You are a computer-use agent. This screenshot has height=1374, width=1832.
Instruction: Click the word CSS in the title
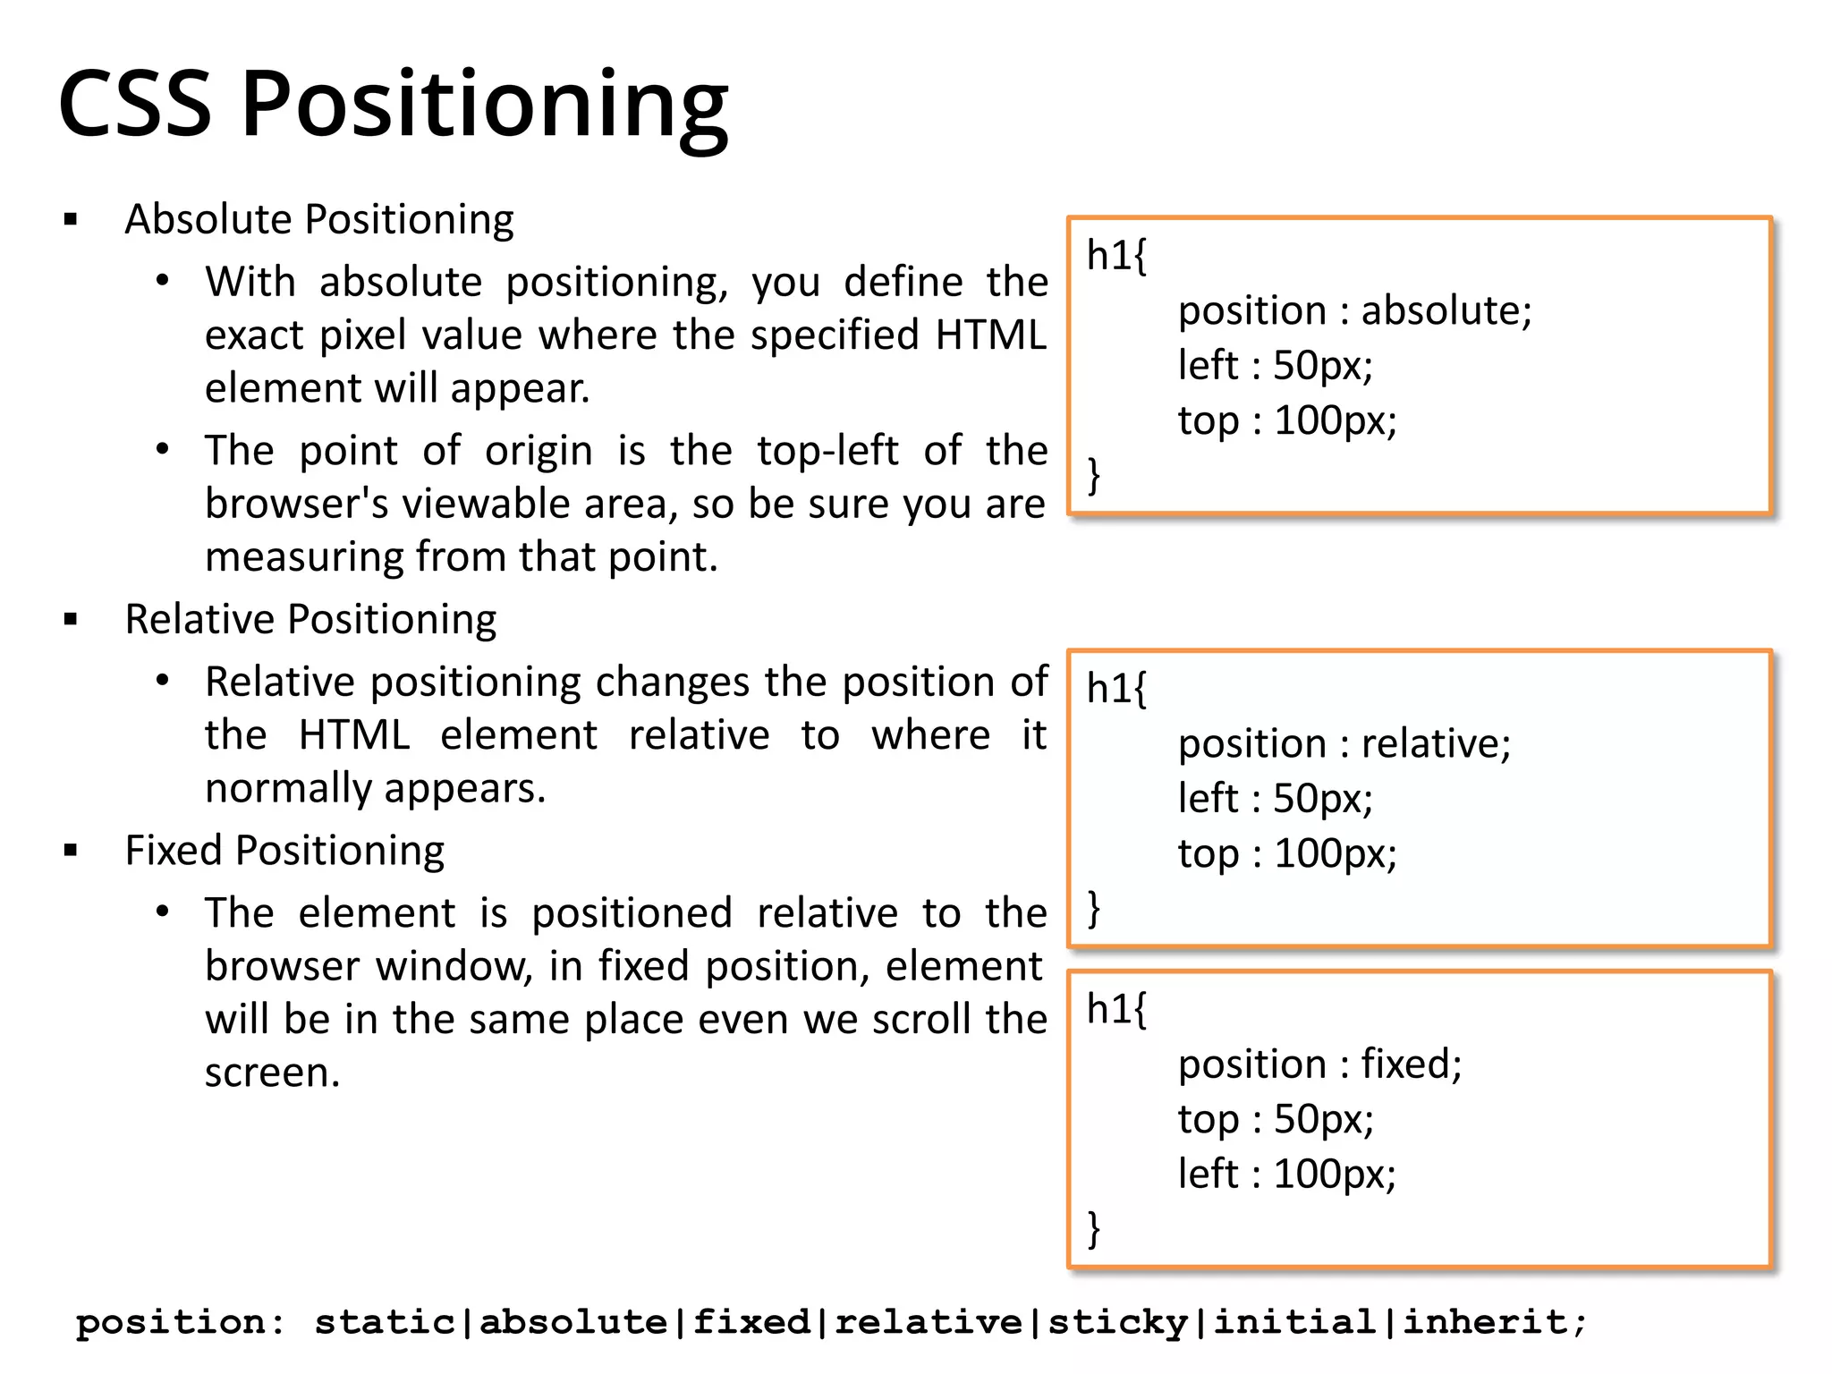[x=135, y=104]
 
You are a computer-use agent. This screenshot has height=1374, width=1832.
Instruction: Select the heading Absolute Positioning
[x=319, y=220]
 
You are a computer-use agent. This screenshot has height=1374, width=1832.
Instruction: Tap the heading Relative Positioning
[x=310, y=620]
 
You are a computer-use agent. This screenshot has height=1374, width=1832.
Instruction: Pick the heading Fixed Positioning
[x=284, y=851]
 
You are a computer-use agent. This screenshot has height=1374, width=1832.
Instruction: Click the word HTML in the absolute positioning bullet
[x=990, y=335]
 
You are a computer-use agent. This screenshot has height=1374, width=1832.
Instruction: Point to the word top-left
[x=827, y=450]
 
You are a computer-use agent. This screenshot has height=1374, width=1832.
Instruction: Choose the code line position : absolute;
[x=1354, y=311]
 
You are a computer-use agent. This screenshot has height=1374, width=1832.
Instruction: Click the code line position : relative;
[x=1344, y=744]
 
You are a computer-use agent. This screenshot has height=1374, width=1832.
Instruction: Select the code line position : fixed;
[x=1319, y=1064]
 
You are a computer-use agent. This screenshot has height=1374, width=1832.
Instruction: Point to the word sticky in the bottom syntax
[x=1117, y=1322]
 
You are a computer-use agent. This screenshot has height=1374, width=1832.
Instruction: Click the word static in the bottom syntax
[x=385, y=1322]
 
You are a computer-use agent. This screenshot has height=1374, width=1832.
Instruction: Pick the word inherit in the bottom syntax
[x=1484, y=1322]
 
